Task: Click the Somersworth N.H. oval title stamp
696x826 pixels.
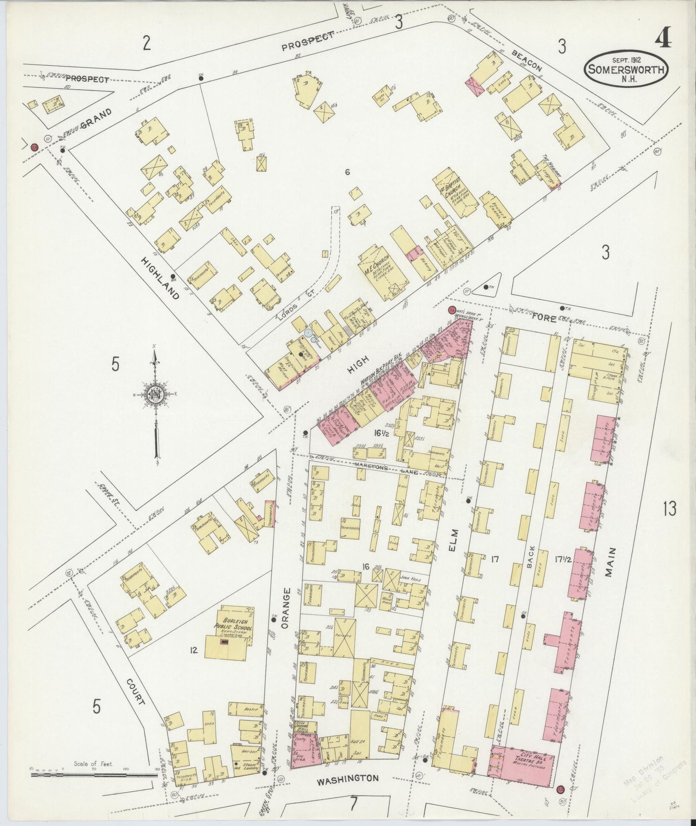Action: [x=626, y=70]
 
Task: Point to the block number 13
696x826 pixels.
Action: [x=669, y=508]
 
